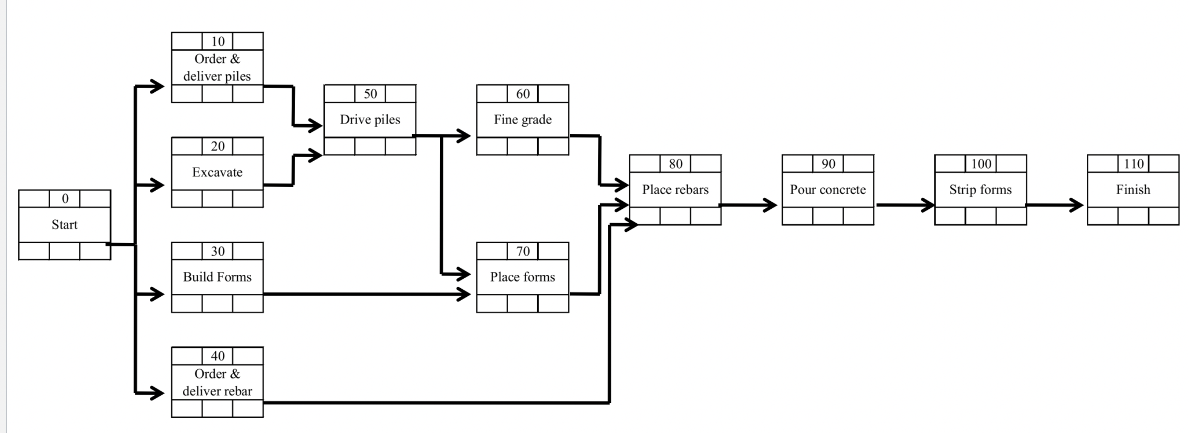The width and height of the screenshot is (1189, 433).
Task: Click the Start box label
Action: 64,225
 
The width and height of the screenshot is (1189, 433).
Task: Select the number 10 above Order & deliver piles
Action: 218,42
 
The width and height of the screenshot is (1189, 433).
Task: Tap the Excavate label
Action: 217,172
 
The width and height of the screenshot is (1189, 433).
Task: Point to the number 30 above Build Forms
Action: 218,251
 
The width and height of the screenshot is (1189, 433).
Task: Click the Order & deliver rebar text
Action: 217,382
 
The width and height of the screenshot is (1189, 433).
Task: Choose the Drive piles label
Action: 370,119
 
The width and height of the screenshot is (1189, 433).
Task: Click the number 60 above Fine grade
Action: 523,94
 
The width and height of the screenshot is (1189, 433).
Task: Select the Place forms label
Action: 522,277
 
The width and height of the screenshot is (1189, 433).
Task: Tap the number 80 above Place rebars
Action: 676,164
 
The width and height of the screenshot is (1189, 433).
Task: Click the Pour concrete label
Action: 828,190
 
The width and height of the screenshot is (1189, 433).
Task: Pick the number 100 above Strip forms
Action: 981,164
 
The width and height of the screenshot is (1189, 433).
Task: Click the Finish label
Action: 1133,190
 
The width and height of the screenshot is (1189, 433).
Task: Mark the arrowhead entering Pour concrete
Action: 771,205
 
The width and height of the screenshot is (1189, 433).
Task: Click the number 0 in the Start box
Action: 65,199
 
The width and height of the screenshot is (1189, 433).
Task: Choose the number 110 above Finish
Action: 1133,164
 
